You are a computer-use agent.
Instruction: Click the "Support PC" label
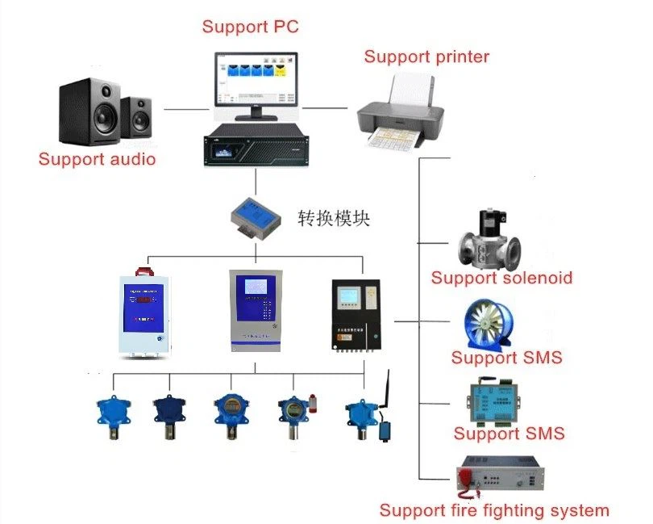(x=250, y=27)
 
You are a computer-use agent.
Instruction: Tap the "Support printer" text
(x=426, y=57)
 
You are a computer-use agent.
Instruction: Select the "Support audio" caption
(x=97, y=159)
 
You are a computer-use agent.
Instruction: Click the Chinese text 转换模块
(x=333, y=218)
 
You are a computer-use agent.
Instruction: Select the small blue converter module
(x=255, y=216)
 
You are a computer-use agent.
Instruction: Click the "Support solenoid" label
(x=501, y=278)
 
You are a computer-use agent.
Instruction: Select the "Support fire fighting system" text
(x=493, y=510)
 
